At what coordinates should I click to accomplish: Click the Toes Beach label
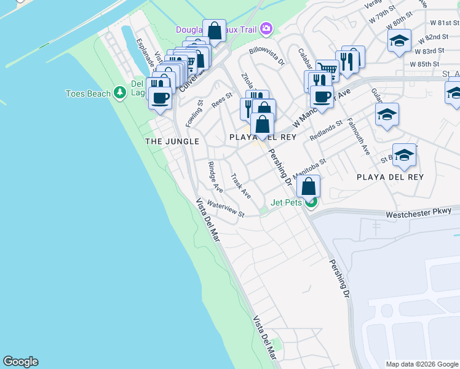[89, 93]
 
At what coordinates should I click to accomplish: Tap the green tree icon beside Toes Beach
[120, 93]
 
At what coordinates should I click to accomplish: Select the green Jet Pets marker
[312, 201]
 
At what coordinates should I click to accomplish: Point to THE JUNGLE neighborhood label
[172, 141]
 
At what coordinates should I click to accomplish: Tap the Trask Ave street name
[240, 186]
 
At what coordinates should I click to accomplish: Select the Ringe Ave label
[215, 173]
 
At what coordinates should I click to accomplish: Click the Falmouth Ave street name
[358, 137]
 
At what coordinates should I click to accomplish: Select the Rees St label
[222, 99]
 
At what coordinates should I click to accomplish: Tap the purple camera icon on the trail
[266, 28]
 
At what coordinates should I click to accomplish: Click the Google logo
[20, 362]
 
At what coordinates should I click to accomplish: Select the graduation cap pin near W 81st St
[399, 41]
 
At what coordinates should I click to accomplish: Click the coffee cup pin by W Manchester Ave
[322, 97]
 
